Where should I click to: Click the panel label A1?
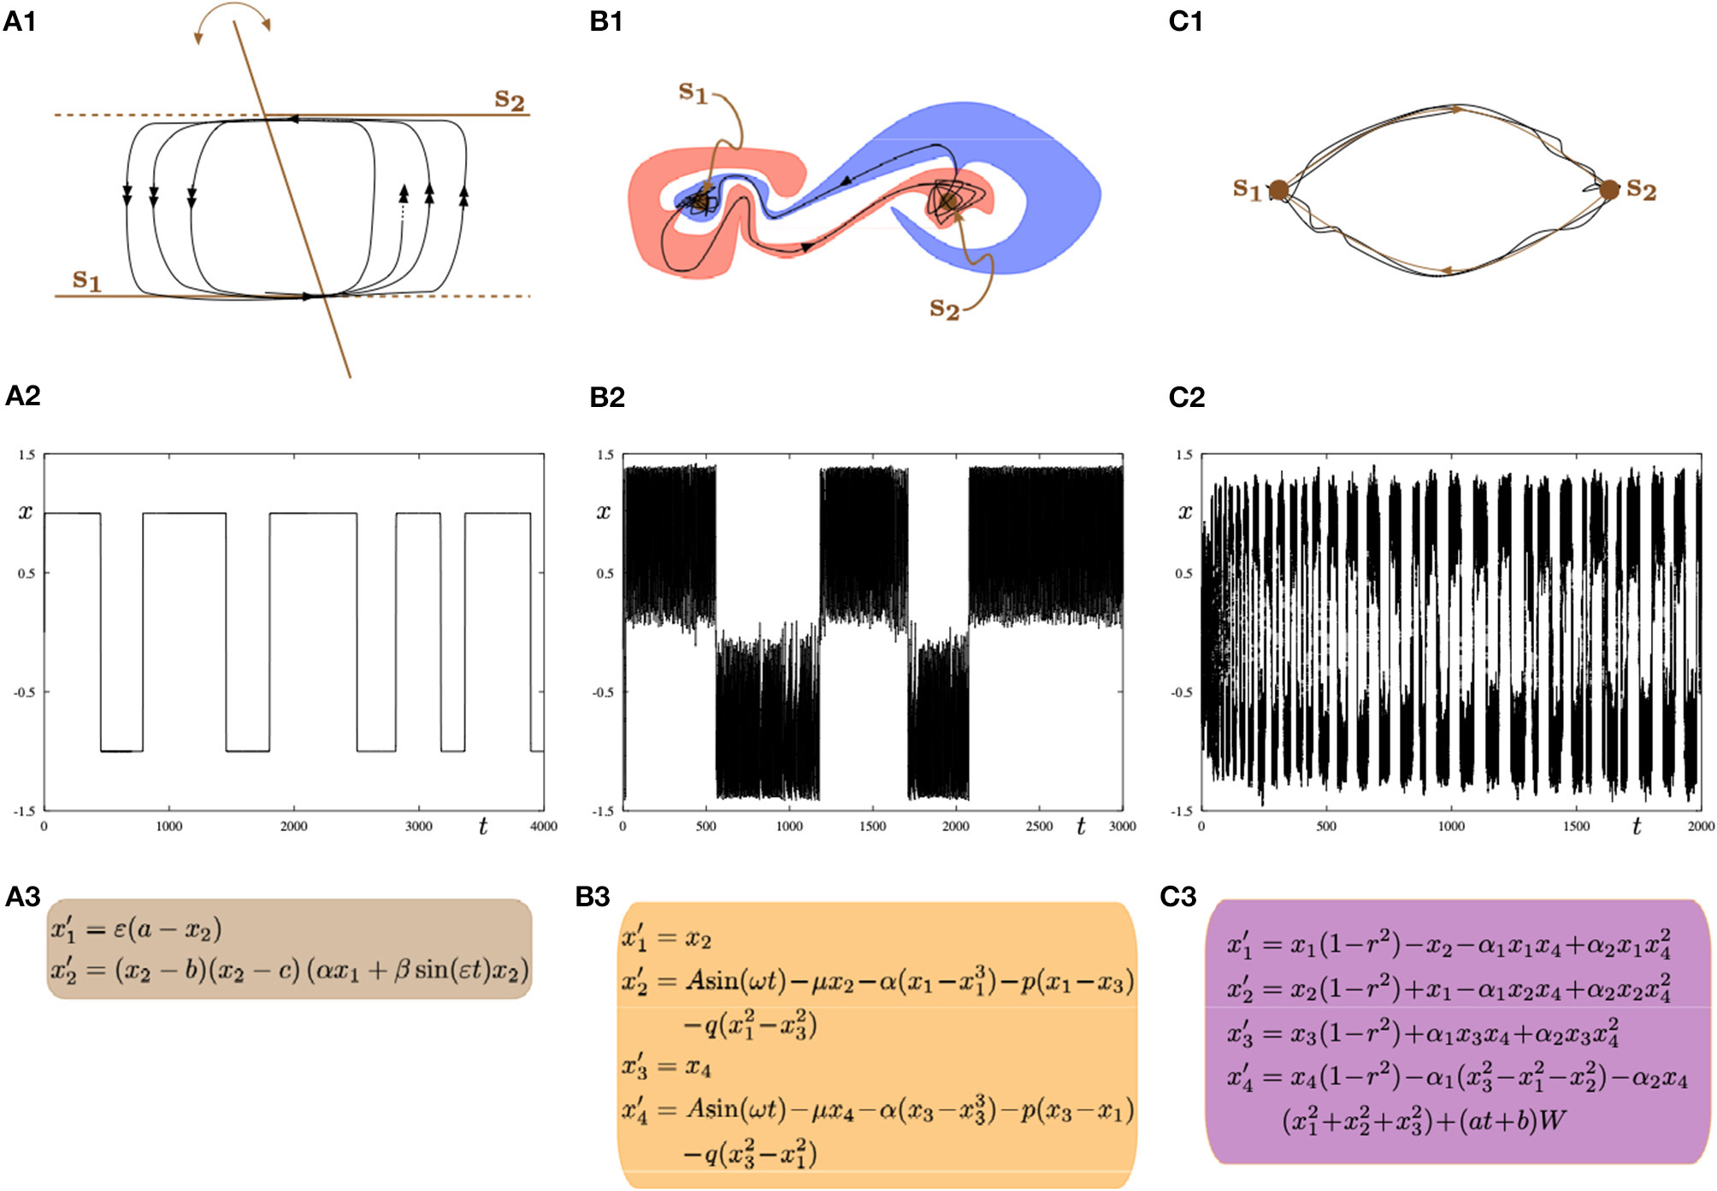19,21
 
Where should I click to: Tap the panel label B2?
607,397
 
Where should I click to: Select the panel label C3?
1177,896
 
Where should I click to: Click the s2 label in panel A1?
510,99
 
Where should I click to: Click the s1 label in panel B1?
693,91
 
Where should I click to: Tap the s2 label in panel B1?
944,308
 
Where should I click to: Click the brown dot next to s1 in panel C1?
1278,190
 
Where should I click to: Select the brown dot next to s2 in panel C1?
1608,189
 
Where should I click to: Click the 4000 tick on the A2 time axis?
543,826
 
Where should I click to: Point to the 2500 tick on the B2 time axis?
1039,826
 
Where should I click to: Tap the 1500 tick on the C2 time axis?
1576,826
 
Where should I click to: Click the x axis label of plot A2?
26,512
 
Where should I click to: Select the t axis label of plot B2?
1081,826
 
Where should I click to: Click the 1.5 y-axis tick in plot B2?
605,455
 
